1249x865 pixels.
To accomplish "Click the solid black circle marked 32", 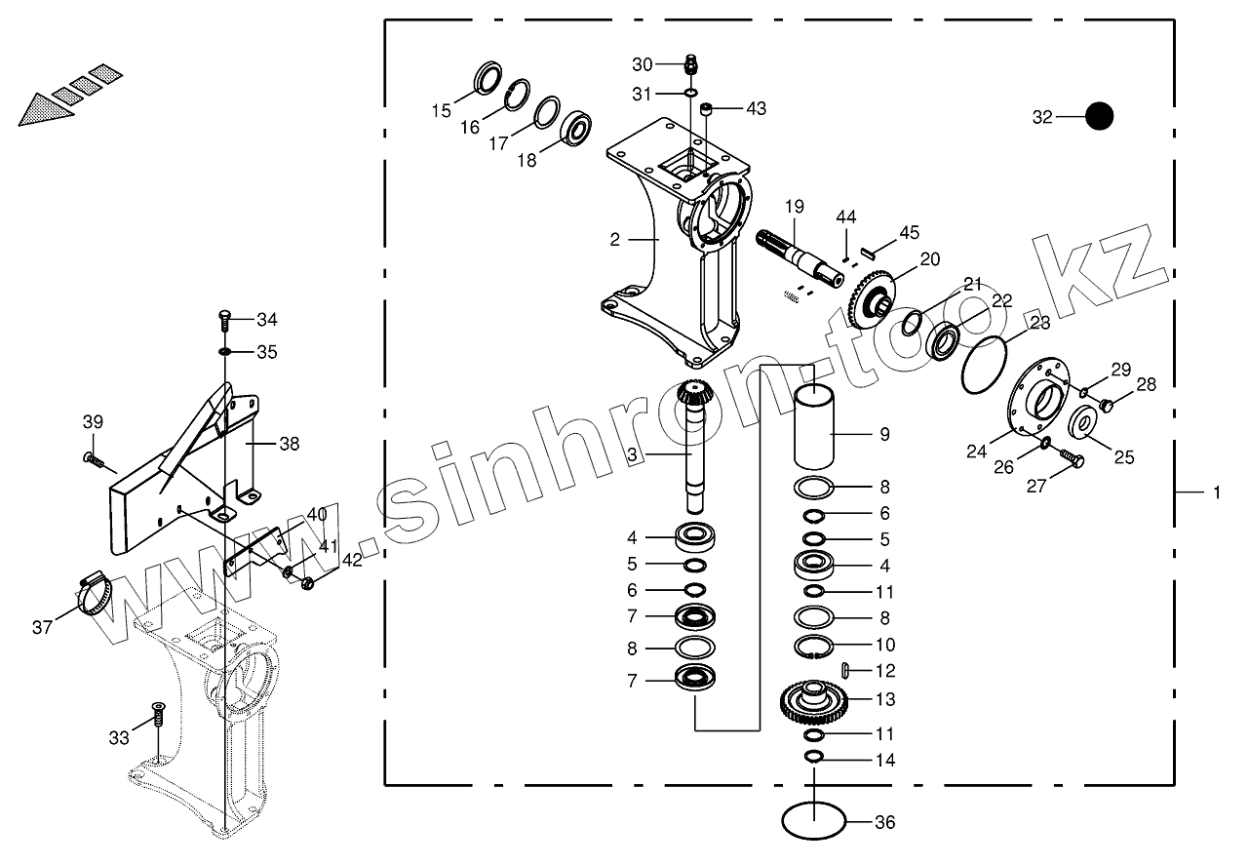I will pos(1099,117).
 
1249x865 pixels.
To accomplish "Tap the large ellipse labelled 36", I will pos(814,820).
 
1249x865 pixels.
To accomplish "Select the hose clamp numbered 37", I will pos(94,594).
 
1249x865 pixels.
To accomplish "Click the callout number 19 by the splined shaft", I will pos(794,207).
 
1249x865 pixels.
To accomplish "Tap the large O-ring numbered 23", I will pos(984,367).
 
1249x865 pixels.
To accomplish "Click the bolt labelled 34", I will pos(223,317).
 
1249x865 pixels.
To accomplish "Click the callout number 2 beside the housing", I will pos(615,239).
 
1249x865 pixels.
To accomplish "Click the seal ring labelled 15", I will pos(487,78).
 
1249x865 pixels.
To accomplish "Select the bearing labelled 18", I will pos(578,128).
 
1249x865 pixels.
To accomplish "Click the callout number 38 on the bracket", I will pos(290,444).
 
